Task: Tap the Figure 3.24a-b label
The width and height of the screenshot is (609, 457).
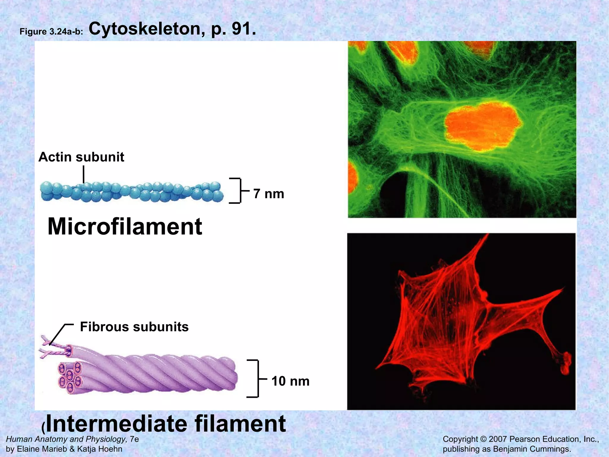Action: coord(51,32)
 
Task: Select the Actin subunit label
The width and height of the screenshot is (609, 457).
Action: coord(81,157)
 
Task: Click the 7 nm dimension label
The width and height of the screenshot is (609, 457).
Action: coord(269,194)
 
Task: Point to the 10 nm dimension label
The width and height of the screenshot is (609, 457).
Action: coord(290,381)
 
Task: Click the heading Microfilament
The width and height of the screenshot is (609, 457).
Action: coord(125,227)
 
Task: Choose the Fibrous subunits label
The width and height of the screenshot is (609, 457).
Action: coord(134,327)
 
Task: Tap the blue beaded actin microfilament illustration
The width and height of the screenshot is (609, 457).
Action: coord(132,192)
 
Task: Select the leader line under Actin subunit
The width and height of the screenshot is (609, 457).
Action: coord(84,174)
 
